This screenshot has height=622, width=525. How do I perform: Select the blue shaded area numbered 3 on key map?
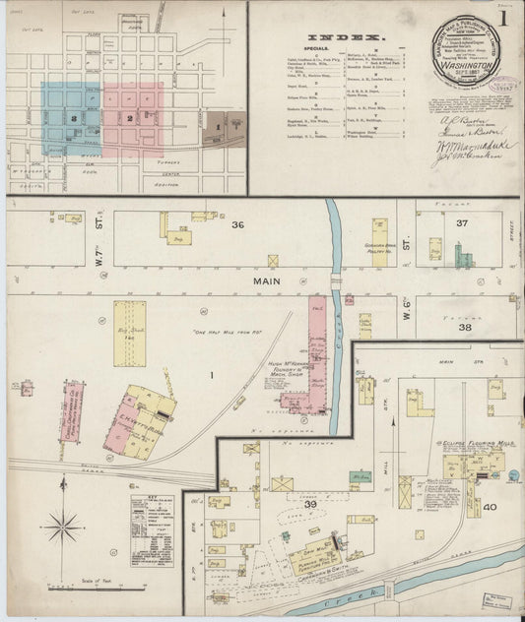70,118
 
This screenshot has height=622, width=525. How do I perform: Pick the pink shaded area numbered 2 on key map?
132,118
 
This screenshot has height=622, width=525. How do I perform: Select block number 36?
237,224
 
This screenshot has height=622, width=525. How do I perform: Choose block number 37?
463,223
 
